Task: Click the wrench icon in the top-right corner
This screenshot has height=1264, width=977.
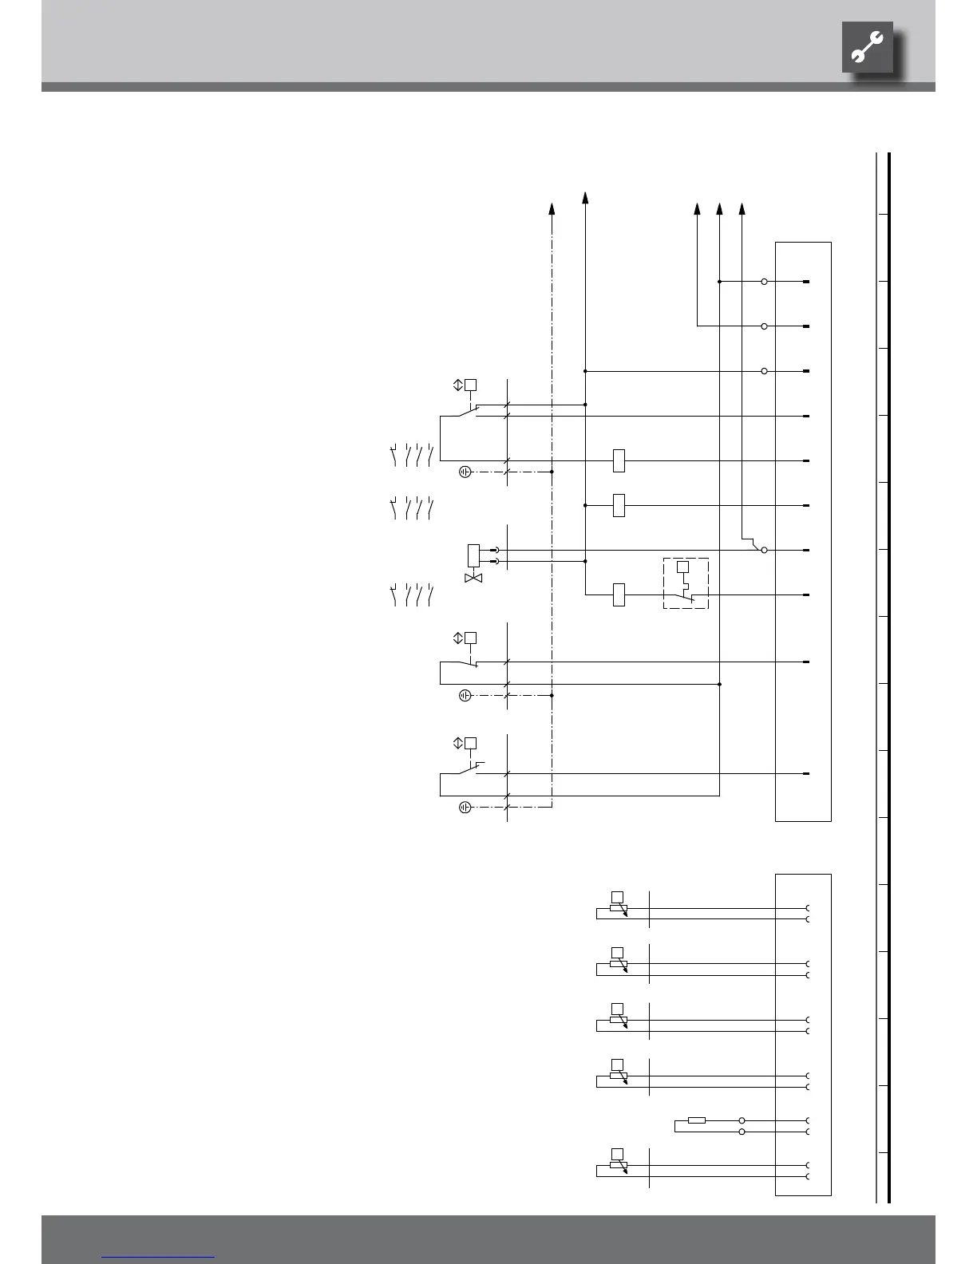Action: point(867,47)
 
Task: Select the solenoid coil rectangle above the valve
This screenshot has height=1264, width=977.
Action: point(473,555)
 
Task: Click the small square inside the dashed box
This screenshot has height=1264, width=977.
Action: point(682,567)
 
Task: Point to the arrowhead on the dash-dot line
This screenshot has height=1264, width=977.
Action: point(552,208)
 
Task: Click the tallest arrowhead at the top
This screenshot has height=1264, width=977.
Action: point(585,197)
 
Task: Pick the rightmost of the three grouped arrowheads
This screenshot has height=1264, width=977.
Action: point(742,208)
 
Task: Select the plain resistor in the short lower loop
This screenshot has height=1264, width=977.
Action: point(696,1120)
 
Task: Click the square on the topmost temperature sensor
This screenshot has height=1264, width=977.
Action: point(616,895)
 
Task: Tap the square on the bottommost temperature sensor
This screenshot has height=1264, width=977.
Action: point(616,1153)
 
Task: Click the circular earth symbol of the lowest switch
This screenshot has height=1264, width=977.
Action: point(465,807)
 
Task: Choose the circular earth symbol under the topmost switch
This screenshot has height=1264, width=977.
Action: point(465,472)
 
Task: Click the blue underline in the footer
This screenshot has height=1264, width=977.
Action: point(158,1258)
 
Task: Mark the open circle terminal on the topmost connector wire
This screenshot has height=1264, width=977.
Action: point(764,282)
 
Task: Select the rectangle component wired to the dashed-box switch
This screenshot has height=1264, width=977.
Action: point(619,594)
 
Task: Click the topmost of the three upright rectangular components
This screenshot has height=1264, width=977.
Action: point(619,460)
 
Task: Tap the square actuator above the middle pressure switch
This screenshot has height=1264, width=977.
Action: point(471,638)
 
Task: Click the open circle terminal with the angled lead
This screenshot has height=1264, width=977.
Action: point(764,550)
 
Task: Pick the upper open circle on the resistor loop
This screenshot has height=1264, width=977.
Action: point(742,1120)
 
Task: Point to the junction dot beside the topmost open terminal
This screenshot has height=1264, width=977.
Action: point(720,282)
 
